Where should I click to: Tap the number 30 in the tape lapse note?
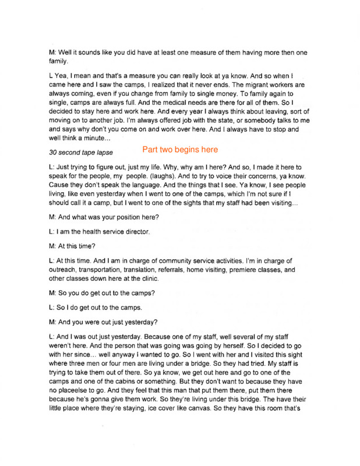click(x=54, y=152)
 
